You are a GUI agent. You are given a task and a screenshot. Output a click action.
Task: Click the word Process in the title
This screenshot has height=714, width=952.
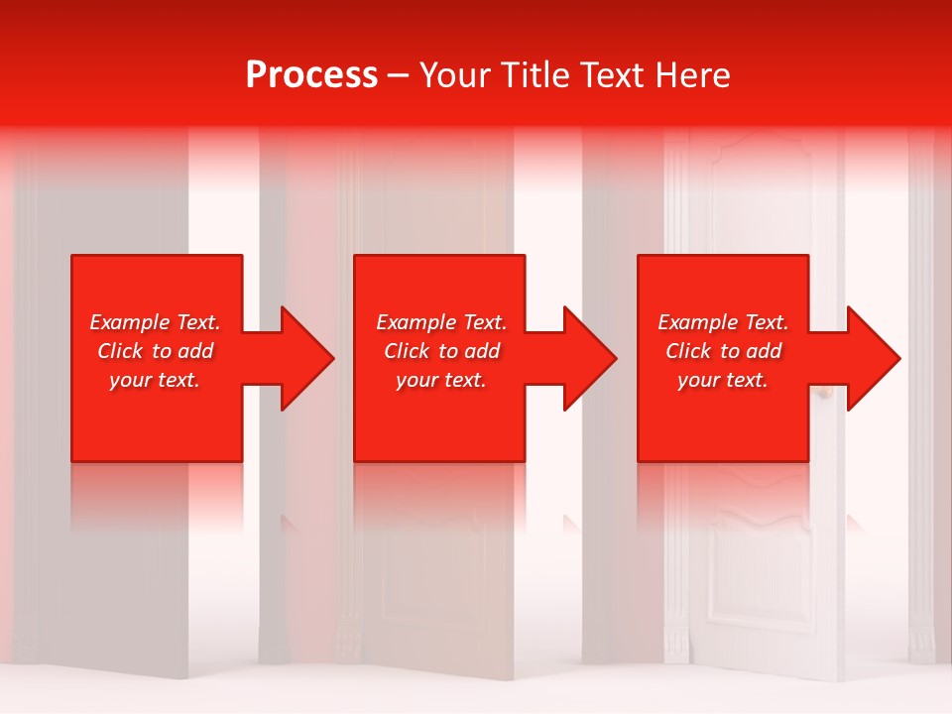click(x=311, y=75)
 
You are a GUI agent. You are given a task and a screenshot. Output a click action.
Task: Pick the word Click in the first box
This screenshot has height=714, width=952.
click(x=121, y=351)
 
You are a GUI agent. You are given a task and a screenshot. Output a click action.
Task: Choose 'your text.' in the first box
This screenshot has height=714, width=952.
click(x=155, y=380)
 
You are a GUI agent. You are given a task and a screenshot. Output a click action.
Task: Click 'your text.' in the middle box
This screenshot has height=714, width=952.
click(x=441, y=380)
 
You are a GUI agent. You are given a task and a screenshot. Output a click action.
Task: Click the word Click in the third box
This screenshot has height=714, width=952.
click(x=689, y=351)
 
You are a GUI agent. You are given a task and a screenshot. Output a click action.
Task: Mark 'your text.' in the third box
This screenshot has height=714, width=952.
click(x=723, y=380)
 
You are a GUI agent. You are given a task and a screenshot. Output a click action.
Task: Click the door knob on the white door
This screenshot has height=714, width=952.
click(x=822, y=395)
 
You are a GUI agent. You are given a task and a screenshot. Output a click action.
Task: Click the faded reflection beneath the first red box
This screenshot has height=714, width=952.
click(x=157, y=496)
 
